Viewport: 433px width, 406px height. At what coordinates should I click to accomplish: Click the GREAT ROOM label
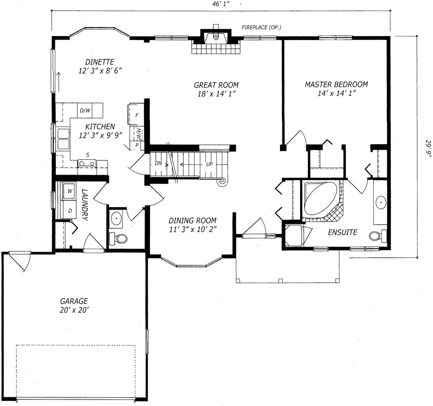pos(216,85)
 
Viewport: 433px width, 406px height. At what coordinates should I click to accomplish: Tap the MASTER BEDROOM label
pos(336,84)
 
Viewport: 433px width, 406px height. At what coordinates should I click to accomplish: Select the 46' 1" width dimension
pos(220,4)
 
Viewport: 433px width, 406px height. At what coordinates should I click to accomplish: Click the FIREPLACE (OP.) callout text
pos(261,27)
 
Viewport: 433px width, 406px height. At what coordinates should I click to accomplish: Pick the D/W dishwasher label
pos(85,111)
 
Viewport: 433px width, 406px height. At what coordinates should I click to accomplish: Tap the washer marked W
pos(69,190)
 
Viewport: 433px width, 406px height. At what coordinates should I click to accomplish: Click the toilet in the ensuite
pos(378,236)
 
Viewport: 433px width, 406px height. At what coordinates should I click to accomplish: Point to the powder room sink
pos(117,219)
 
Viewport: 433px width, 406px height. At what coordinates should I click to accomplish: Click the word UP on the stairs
pos(209,164)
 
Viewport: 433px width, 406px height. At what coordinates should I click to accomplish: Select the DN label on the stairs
pos(158,163)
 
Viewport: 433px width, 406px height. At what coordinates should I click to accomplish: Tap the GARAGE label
pos(74,301)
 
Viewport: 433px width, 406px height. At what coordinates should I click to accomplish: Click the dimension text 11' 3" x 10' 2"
pos(193,229)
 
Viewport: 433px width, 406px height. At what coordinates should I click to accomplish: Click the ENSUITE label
pos(342,232)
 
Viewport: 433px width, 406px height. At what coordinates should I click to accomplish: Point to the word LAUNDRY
pos(85,205)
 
